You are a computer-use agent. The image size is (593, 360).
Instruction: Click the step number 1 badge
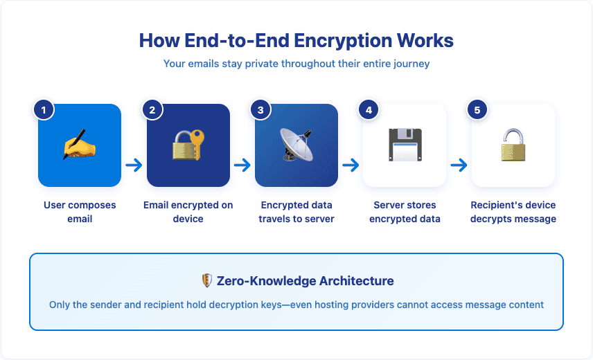44,109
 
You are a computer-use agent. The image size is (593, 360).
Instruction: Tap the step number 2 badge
152,109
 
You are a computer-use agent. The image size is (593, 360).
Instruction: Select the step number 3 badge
260,109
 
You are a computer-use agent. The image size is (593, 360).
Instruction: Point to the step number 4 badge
369,109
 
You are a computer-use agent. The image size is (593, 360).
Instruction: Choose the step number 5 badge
477,109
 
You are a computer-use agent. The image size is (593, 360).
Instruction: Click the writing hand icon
80,145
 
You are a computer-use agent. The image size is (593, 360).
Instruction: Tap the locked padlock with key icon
188,145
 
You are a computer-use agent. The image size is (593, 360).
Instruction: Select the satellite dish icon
296,145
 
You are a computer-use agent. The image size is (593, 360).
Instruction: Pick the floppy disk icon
405,145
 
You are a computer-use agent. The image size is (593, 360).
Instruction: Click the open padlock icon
513,145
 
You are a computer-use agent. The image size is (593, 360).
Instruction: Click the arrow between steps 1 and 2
134,165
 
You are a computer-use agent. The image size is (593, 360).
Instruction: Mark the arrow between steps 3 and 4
351,165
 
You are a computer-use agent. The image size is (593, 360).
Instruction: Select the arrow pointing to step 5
459,165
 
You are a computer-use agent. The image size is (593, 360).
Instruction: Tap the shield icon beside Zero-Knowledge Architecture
206,281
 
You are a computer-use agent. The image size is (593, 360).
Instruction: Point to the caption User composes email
80,212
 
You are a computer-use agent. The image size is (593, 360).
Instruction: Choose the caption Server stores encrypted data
405,212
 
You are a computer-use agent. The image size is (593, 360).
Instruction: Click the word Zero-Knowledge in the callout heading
257,281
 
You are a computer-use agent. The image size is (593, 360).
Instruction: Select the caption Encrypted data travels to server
296,212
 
